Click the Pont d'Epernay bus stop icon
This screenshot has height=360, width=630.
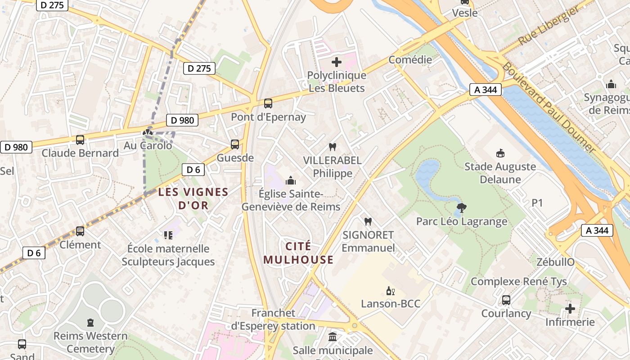coord(268,103)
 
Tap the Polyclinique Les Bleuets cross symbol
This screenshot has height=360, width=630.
coord(337,62)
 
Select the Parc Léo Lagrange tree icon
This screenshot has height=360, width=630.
coord(461,208)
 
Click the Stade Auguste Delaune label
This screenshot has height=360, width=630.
coord(500,173)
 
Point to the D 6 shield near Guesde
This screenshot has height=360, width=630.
coord(193,170)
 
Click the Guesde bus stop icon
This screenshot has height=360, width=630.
coord(235,144)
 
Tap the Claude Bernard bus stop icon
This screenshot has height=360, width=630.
coord(80,140)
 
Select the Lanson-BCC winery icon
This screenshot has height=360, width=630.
coord(391,291)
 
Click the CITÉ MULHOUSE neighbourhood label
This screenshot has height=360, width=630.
coord(298,253)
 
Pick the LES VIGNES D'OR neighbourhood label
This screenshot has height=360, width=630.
coord(193,198)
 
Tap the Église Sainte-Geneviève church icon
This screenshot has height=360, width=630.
coord(291,180)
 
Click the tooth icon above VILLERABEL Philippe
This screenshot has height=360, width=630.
coord(333,147)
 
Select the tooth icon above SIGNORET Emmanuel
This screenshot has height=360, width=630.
coord(368,221)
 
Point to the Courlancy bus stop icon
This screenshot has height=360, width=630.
coord(506,300)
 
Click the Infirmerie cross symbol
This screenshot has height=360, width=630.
coord(570,309)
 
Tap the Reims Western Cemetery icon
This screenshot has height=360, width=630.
coord(90,322)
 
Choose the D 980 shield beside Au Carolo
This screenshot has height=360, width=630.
coord(183,120)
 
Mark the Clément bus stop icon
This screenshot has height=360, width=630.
coord(80,231)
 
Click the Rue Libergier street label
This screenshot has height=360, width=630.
coord(549,26)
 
